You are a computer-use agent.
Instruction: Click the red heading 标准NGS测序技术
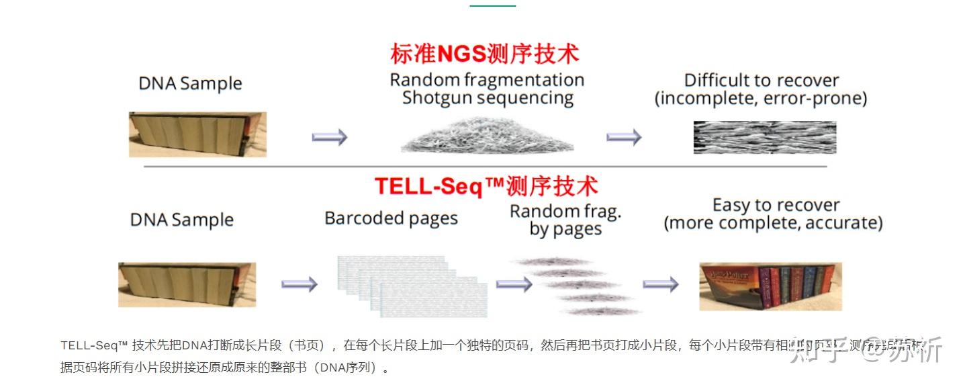484,54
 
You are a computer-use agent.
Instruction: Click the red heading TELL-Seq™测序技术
486,186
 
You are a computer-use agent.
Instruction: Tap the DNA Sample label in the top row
190,84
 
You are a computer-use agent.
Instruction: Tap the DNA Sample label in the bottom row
181,220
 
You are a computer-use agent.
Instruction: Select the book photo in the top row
197,134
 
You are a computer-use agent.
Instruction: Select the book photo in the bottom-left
187,284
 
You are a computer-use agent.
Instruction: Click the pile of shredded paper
487,136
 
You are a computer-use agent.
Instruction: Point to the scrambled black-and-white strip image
764,137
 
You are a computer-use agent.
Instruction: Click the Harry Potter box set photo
770,286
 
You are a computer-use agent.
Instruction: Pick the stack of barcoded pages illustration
411,286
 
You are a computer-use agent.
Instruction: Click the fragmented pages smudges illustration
575,286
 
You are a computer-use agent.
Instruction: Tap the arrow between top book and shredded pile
329,137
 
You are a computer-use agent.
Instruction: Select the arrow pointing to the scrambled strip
623,137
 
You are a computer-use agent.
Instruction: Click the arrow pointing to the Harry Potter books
660,284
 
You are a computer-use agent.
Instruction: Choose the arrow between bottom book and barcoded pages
299,284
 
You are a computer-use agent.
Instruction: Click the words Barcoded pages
391,218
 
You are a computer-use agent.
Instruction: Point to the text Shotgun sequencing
488,98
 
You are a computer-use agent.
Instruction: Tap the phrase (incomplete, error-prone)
761,99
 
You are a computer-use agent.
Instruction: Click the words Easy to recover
776,205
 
